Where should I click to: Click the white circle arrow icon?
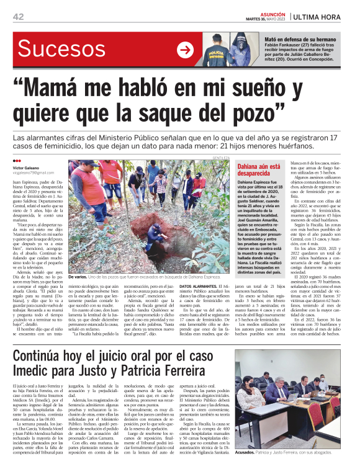(x=185, y=50)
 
